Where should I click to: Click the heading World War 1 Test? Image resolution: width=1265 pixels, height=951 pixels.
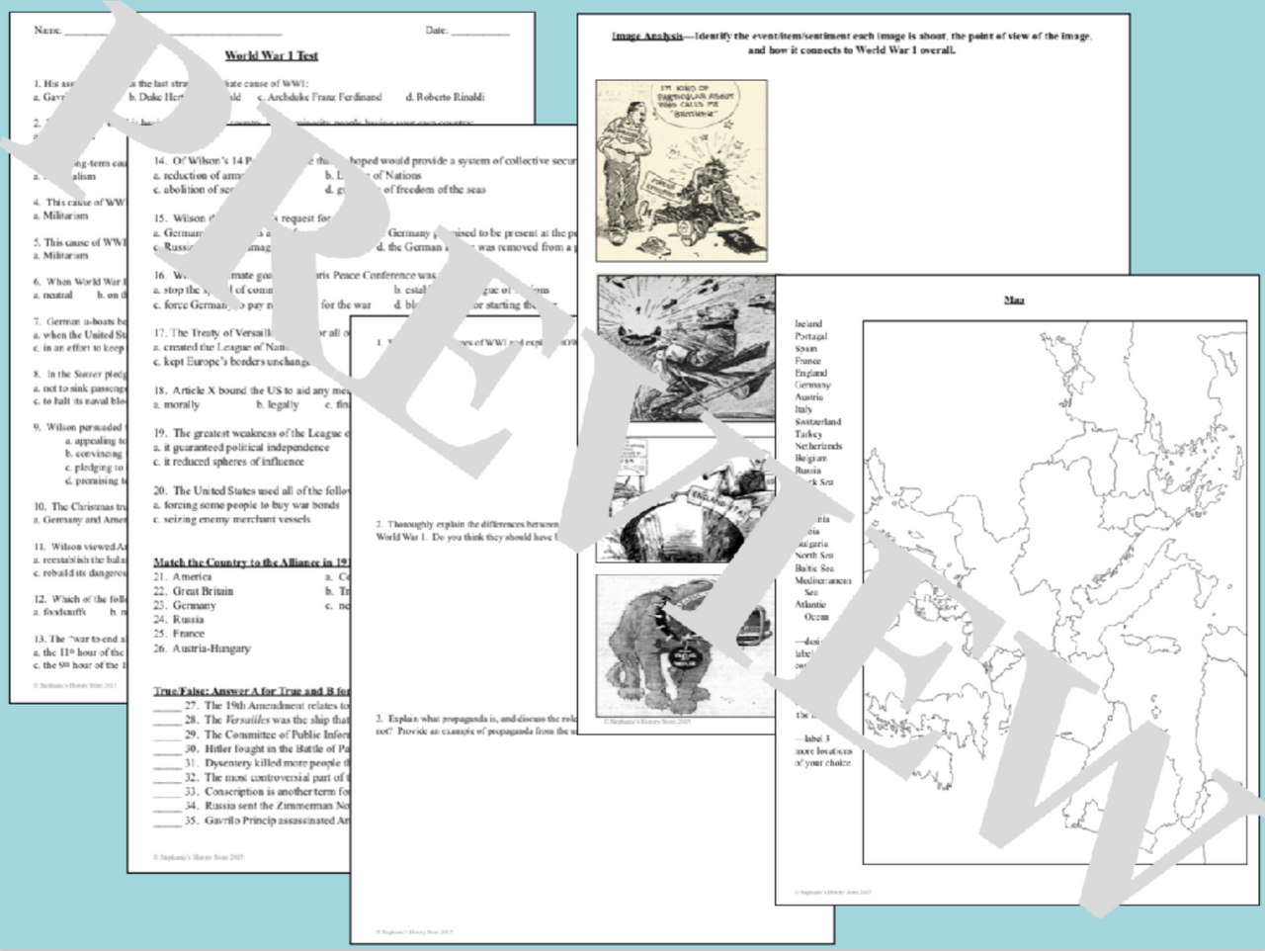[271, 56]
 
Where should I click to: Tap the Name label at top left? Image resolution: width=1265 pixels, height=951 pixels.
[47, 31]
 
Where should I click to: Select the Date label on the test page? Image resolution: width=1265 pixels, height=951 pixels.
[437, 31]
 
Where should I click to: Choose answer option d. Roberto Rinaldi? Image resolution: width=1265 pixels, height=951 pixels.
[445, 97]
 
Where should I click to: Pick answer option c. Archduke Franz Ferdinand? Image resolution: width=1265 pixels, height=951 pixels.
[319, 97]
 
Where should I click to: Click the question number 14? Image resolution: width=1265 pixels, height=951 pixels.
[159, 160]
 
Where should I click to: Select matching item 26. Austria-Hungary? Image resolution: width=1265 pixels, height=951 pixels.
[202, 648]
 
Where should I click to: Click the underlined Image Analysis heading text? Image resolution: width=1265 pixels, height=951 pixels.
[646, 37]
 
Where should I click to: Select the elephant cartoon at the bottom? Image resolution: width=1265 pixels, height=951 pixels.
[672, 647]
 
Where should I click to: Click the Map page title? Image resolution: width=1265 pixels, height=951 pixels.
[1014, 300]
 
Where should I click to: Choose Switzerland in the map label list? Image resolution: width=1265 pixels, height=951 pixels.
[818, 421]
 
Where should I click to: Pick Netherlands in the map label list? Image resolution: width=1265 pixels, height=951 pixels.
[818, 446]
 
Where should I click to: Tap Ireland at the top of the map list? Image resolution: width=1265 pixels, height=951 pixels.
[808, 323]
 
